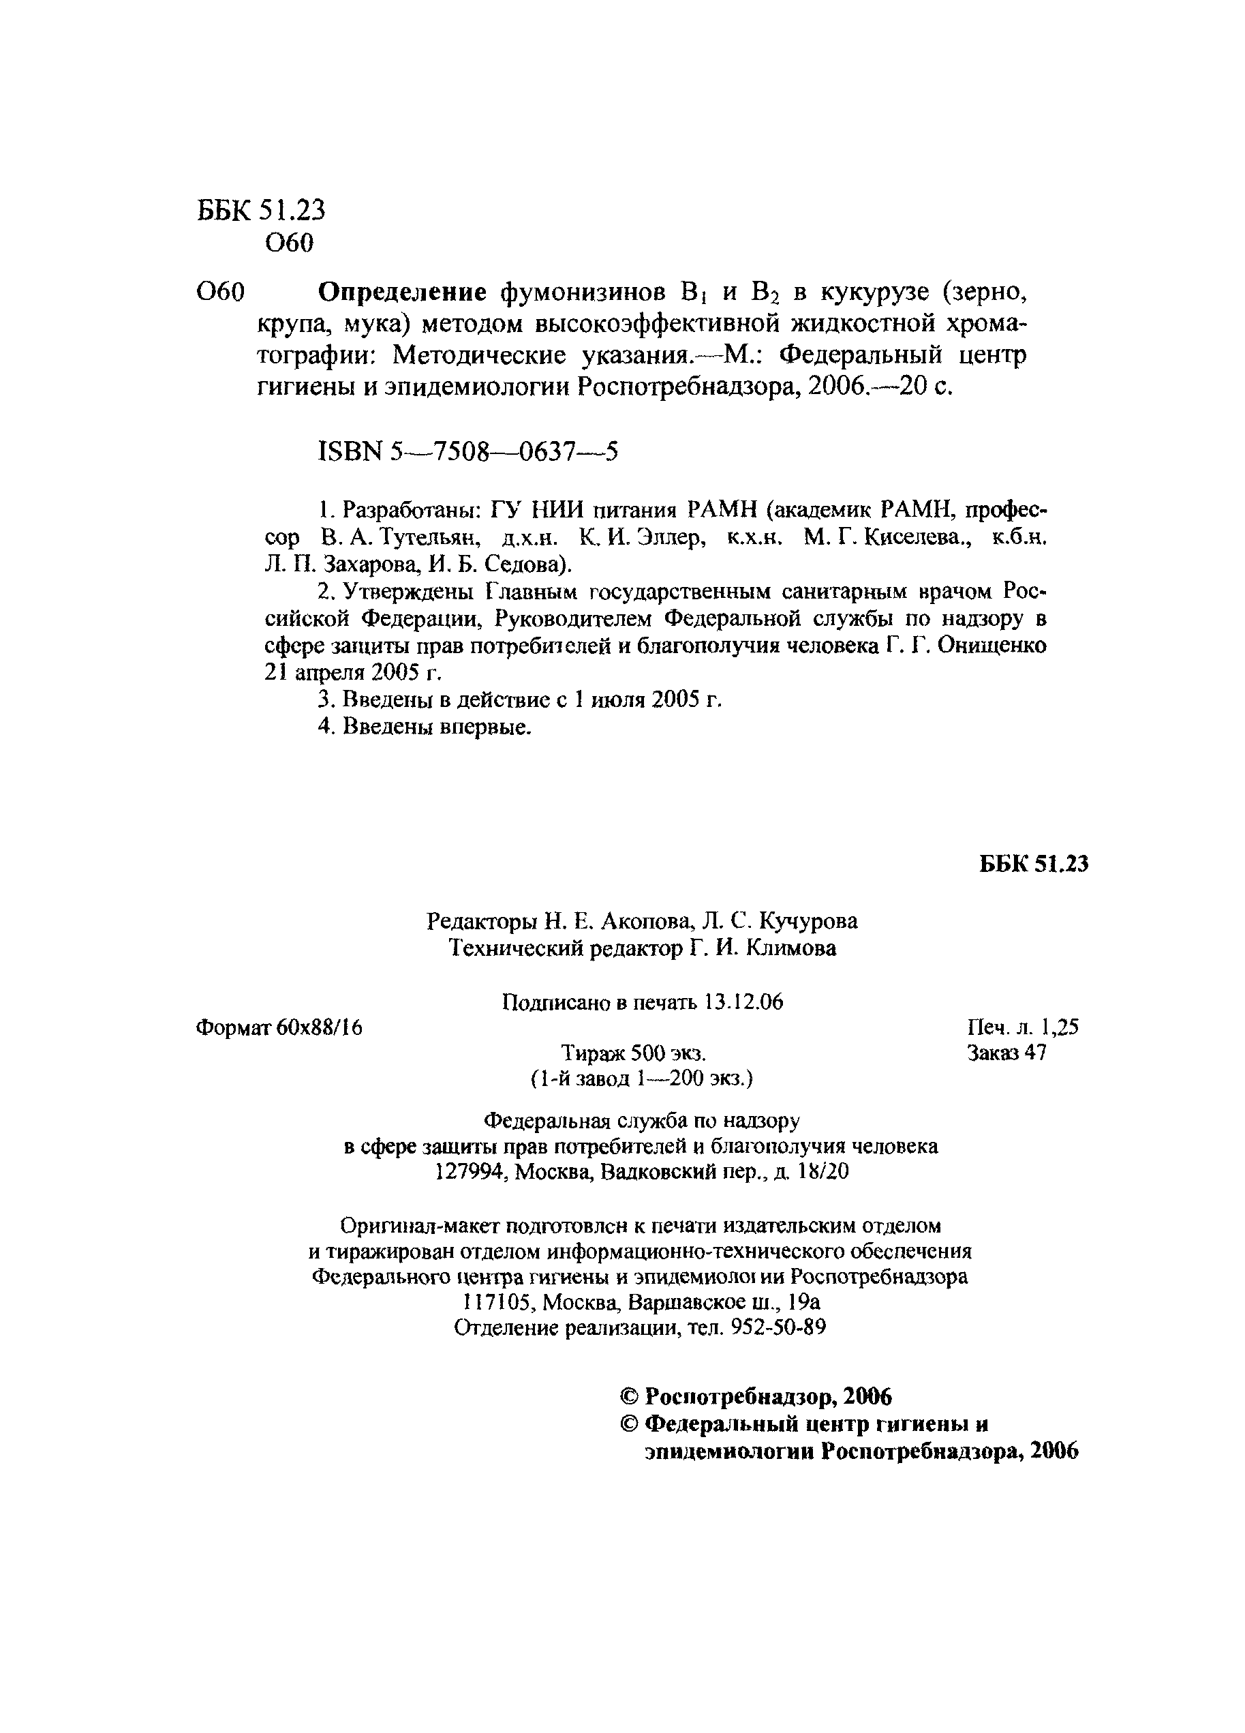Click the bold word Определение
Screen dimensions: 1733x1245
(x=402, y=292)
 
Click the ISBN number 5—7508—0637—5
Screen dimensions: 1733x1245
(x=504, y=453)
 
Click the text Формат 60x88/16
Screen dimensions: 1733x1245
(x=279, y=1027)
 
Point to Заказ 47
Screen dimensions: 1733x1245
(x=1006, y=1053)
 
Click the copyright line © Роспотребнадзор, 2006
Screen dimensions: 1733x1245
(x=756, y=1397)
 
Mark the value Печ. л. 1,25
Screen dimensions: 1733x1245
(x=1022, y=1027)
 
